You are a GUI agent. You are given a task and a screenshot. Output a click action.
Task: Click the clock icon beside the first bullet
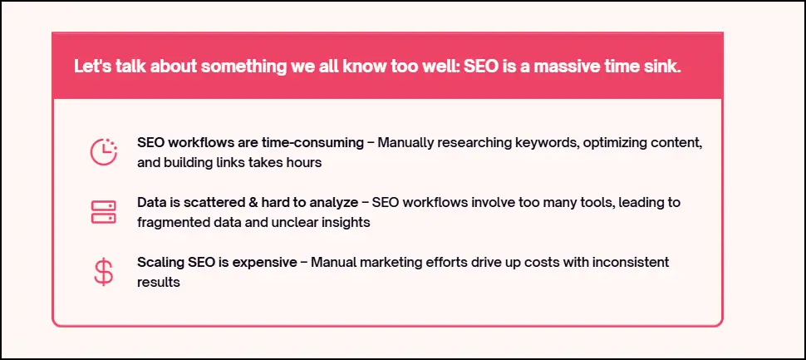point(103,151)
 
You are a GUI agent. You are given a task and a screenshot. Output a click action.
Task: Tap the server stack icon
point(103,212)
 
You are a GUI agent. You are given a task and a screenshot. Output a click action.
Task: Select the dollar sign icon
point(103,272)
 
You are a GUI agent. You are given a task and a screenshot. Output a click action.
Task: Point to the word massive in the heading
point(569,67)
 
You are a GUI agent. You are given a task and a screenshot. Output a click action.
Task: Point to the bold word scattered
point(220,203)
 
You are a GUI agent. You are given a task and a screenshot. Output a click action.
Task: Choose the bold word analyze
point(334,203)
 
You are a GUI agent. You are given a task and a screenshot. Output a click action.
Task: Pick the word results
point(159,283)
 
